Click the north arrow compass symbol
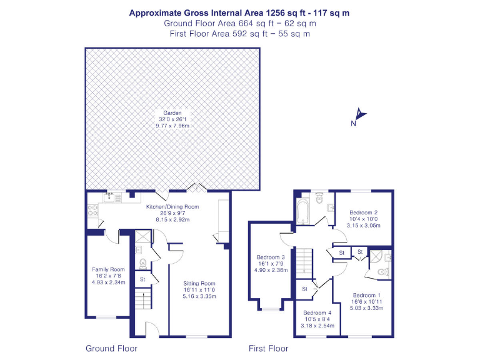click(x=359, y=115)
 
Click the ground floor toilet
click(x=142, y=262)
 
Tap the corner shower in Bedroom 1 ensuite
click(x=378, y=256)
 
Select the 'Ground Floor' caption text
click(x=111, y=348)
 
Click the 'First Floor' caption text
click(x=268, y=348)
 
